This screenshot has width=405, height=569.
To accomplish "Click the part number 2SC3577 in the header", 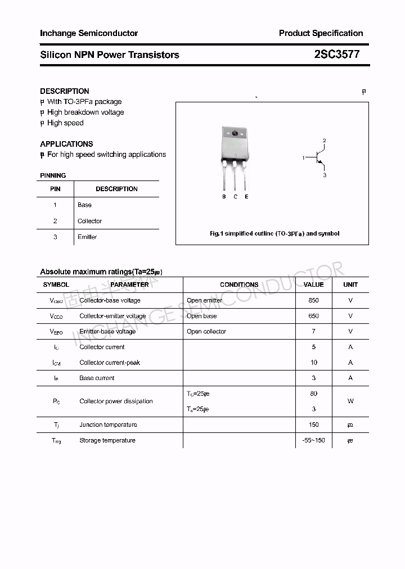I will tap(336, 55).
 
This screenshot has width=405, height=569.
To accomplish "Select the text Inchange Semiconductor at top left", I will tap(89, 33).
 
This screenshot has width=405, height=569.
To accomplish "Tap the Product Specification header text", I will tap(321, 33).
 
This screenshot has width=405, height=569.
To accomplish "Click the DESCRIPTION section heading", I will tap(65, 91).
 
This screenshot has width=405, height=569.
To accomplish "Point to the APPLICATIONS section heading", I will tap(66, 144).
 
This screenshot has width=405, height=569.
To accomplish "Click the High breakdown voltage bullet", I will tap(85, 112).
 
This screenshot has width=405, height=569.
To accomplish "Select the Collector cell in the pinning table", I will tap(89, 221).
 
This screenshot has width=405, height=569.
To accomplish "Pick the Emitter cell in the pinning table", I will tap(87, 237).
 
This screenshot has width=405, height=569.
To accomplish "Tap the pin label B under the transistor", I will tap(224, 197).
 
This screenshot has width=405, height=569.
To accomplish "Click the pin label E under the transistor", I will tap(246, 197).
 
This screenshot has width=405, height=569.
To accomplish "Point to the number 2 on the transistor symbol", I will tap(324, 141).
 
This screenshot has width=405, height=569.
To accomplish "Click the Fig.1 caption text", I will tap(274, 233).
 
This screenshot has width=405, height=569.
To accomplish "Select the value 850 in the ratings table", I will tap(313, 300).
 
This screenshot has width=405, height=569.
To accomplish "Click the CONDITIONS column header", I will tap(239, 284).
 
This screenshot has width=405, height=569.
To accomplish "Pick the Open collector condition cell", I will tap(206, 331).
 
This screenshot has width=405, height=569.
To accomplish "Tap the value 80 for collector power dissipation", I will tap(313, 394).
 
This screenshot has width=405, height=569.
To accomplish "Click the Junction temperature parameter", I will tap(108, 425).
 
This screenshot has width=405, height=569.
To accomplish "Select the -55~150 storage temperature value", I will tap(313, 440).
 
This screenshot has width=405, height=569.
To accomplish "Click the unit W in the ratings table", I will tap(350, 401).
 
